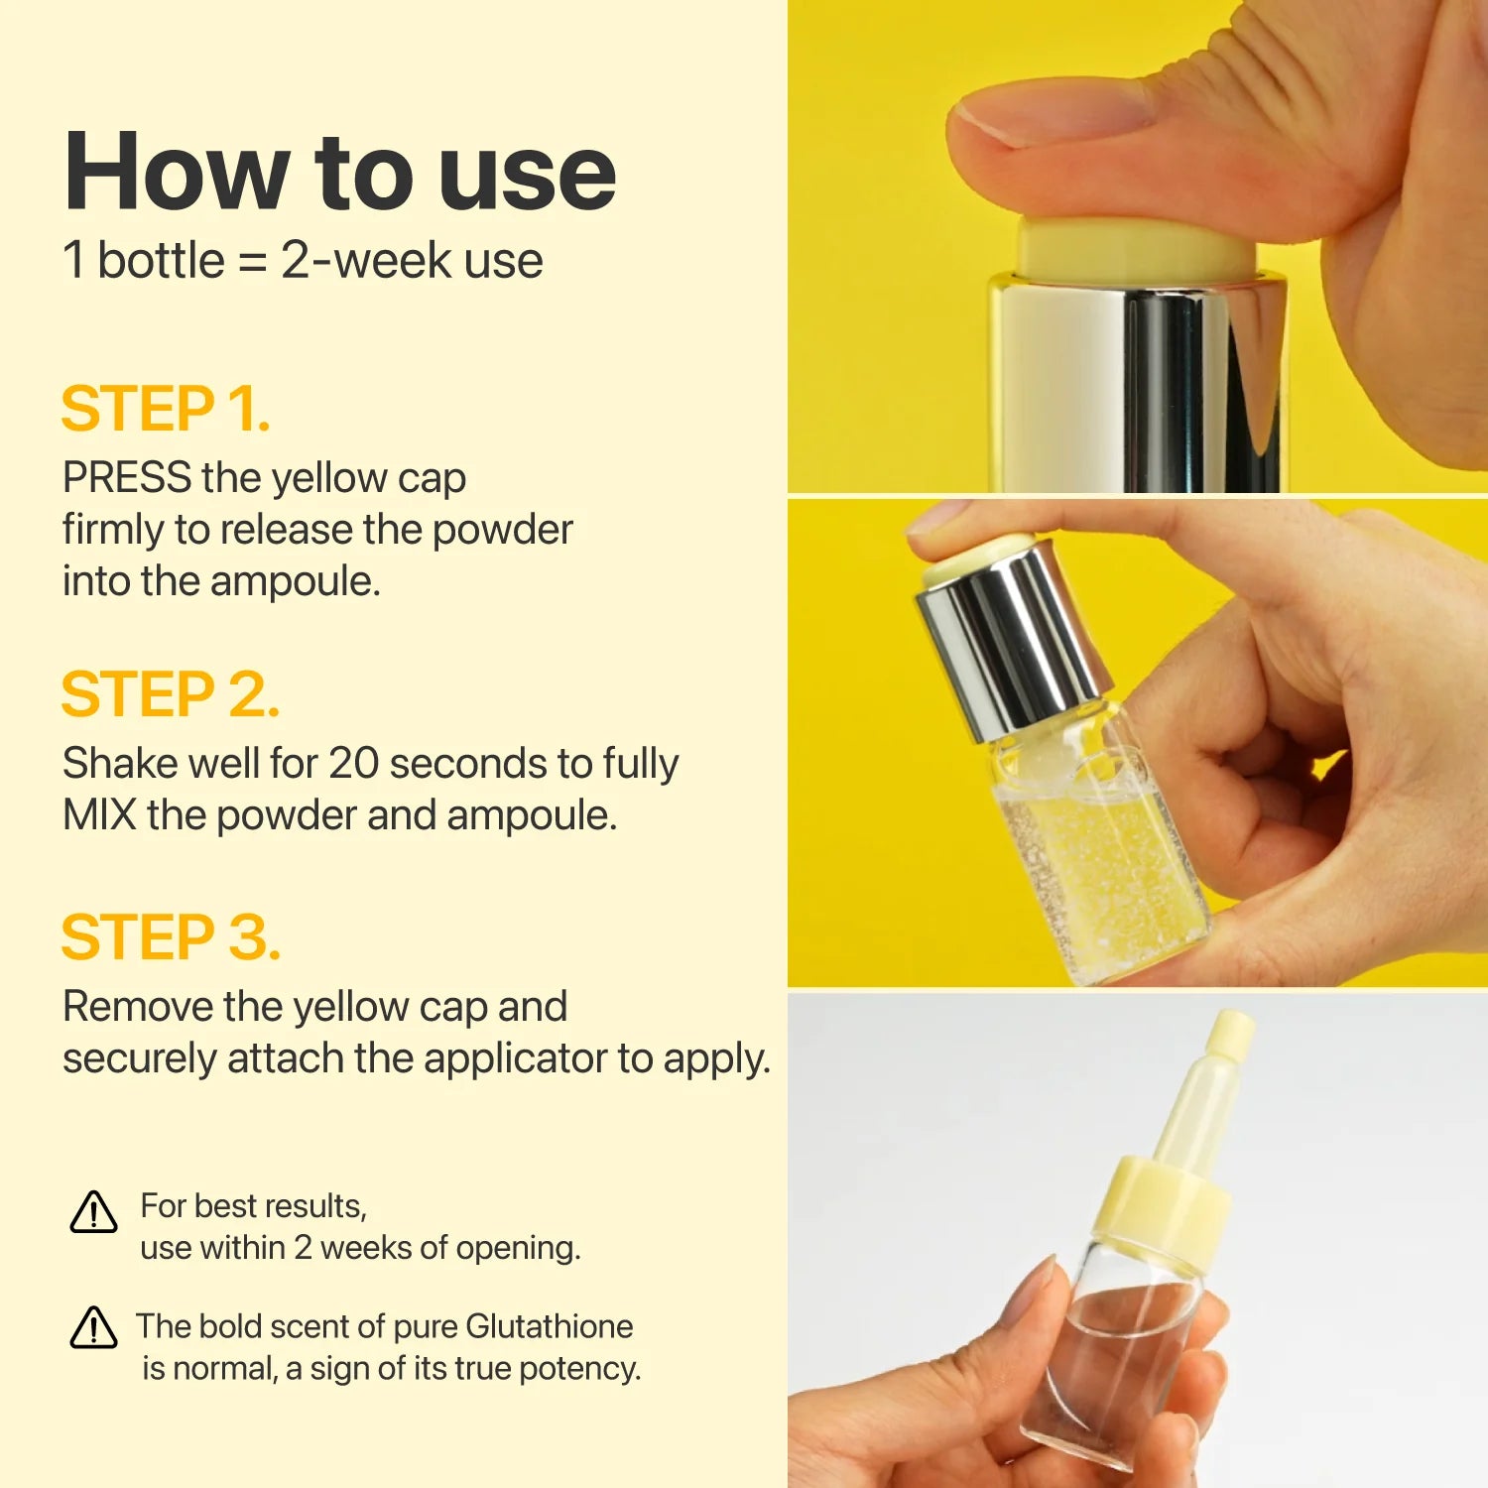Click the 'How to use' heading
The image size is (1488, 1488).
[339, 173]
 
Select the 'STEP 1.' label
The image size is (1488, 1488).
[166, 409]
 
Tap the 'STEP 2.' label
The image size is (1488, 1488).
[170, 694]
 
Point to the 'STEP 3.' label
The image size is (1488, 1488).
[171, 937]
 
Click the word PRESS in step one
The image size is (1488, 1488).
[127, 478]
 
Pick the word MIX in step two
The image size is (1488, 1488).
[99, 815]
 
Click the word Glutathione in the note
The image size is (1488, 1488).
[549, 1326]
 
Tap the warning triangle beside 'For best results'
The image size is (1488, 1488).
[94, 1212]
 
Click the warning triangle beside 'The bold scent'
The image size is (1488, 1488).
[94, 1328]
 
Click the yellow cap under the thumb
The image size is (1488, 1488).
[1136, 248]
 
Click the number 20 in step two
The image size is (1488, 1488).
[353, 764]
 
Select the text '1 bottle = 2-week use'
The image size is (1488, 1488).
[303, 261]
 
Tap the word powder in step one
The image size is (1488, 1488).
[502, 530]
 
